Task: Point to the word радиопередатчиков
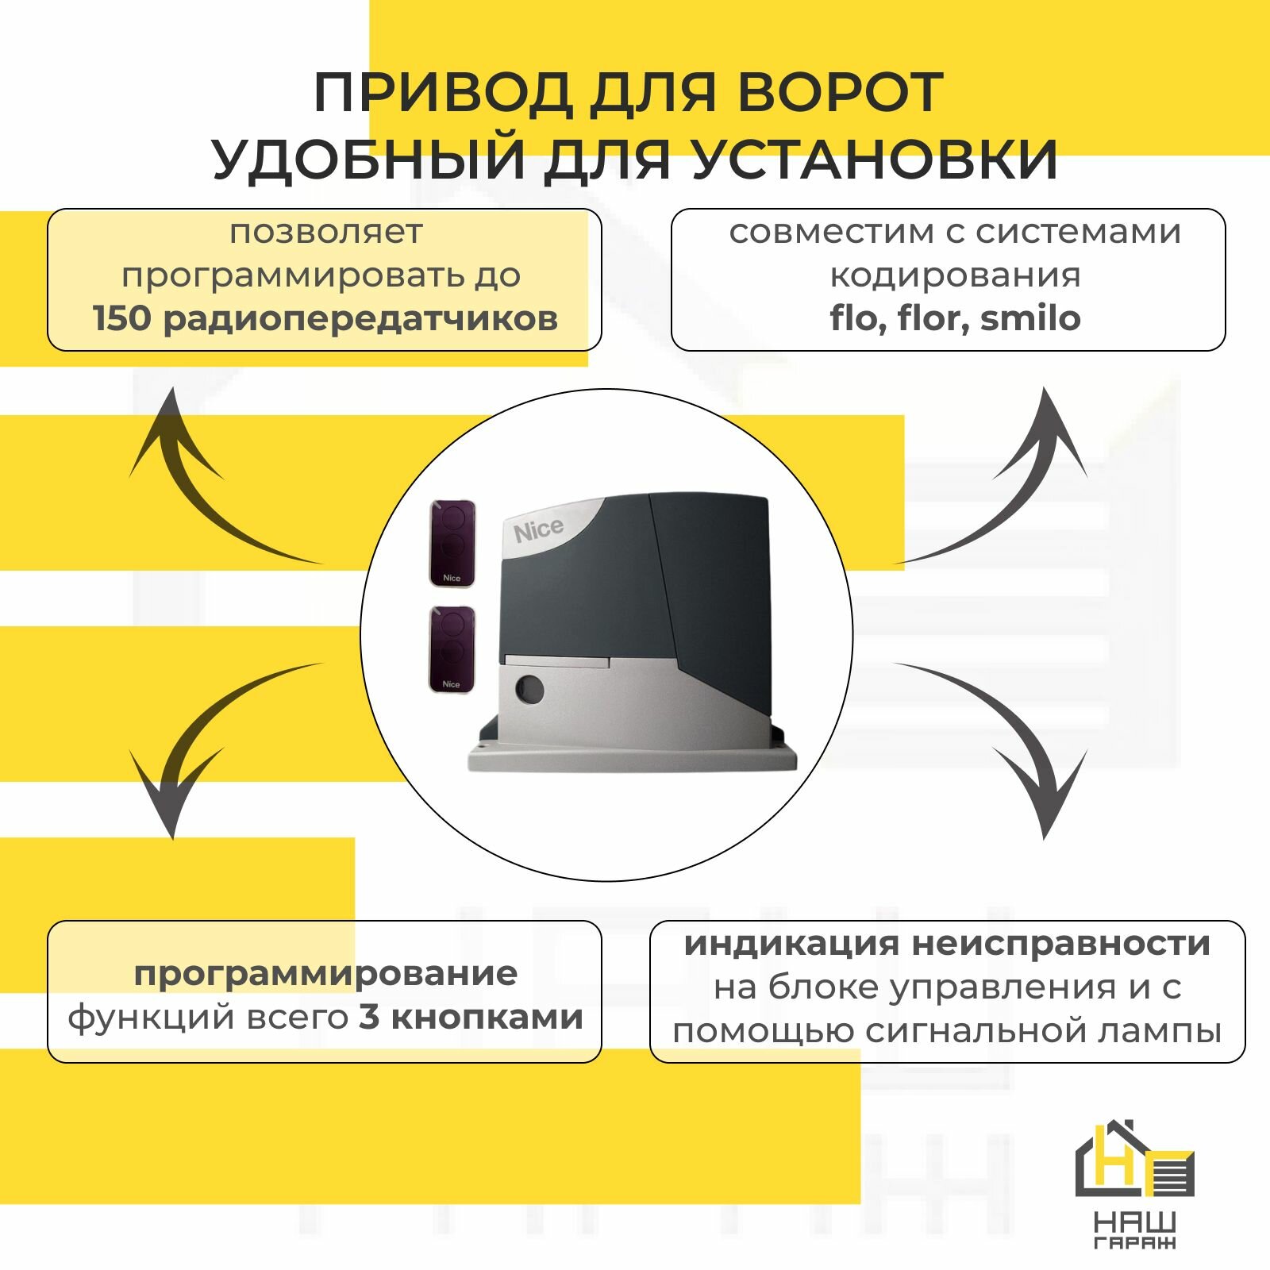click(x=360, y=319)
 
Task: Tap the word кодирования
click(x=955, y=275)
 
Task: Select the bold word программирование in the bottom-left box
click(x=325, y=973)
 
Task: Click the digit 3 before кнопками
click(x=368, y=1017)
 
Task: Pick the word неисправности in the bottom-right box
click(x=1060, y=944)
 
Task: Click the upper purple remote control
click(x=452, y=543)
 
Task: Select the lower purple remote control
click(x=452, y=649)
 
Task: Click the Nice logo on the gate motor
click(x=539, y=530)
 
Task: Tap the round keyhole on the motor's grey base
click(x=529, y=689)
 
